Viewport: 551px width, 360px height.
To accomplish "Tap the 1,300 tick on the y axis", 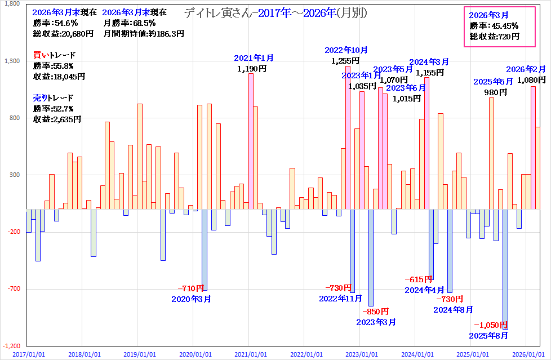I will (12, 61).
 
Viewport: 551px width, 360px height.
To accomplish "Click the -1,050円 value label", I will (491, 325).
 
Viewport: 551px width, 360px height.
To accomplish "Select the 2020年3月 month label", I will (192, 299).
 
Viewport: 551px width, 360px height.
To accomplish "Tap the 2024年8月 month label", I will (453, 309).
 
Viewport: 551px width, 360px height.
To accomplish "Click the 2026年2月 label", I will (526, 69).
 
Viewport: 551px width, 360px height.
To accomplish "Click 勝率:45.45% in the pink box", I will (494, 25).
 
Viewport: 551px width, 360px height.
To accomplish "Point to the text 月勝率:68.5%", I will (129, 23).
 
